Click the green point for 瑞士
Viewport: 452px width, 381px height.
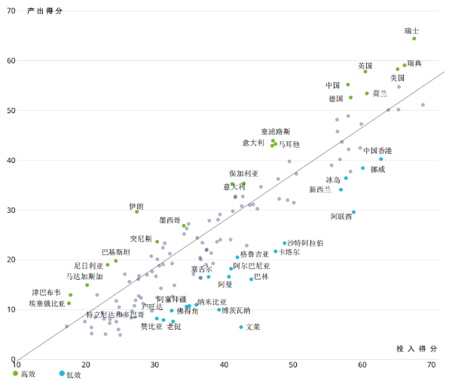(414, 38)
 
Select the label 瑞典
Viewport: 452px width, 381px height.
(414, 63)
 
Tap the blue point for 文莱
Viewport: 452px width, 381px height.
(241, 327)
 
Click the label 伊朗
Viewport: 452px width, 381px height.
(136, 205)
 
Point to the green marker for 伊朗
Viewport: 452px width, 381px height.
(137, 212)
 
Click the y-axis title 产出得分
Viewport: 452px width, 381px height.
(45, 10)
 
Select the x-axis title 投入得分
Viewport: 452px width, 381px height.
(417, 349)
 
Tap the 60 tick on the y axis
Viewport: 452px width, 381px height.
(11, 60)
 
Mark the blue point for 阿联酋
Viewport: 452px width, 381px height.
(353, 212)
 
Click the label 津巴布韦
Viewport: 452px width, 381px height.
(46, 292)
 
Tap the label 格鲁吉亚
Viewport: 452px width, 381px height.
(255, 254)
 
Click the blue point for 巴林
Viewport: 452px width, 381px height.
(252, 279)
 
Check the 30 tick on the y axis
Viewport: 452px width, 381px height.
(11, 210)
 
